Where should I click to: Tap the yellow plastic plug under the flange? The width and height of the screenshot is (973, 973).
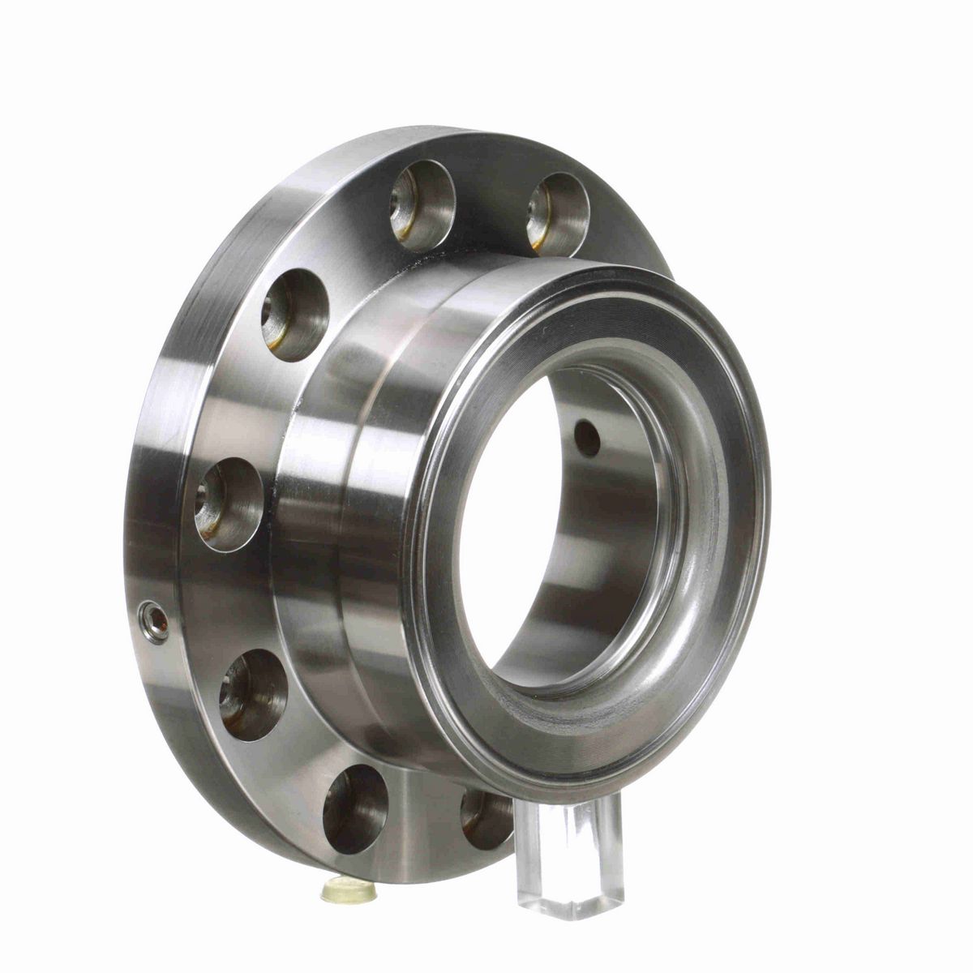(349, 891)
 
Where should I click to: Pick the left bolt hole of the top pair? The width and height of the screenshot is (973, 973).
(422, 204)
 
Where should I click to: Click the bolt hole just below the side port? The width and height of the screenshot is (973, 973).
(253, 694)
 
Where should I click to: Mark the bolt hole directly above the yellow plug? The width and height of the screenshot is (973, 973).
(355, 808)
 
